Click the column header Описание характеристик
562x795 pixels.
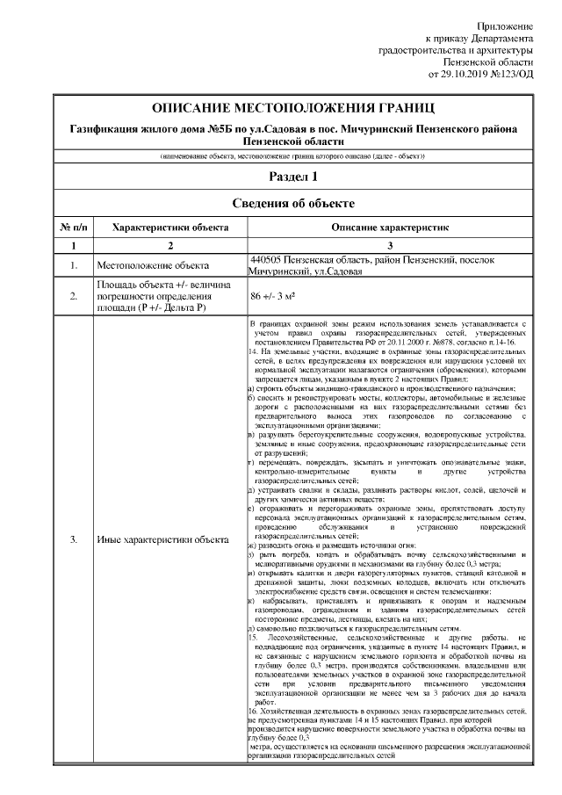point(391,227)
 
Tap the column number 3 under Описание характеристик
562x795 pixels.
point(391,245)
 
